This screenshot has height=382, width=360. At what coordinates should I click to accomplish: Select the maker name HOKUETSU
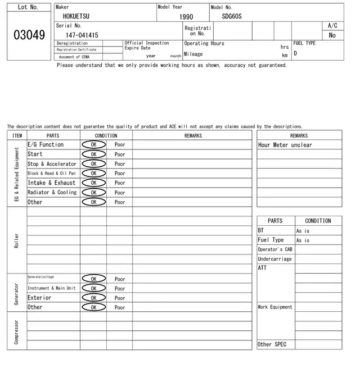[x=76, y=16]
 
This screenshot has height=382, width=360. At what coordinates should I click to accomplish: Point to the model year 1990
[x=186, y=17]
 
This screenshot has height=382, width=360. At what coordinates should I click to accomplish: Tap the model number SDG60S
[x=231, y=16]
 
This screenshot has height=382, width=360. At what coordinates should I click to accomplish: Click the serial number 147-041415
[x=82, y=35]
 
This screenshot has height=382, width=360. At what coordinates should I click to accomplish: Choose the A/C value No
[x=332, y=35]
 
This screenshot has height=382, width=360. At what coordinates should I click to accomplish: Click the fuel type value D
[x=295, y=53]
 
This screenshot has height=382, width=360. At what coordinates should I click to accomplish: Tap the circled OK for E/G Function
[x=93, y=144]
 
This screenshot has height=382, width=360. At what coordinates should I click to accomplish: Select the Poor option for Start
[x=120, y=154]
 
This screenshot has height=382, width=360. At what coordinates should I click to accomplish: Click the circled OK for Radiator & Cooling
[x=93, y=192]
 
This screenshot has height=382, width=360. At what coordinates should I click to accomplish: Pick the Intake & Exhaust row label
[x=52, y=183]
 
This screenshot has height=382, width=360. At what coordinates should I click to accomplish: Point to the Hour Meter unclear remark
[x=285, y=145]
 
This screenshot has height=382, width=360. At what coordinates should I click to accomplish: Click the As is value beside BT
[x=303, y=231]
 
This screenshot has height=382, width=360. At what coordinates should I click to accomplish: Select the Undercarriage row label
[x=274, y=259]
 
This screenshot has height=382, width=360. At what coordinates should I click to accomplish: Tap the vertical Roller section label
[x=17, y=240]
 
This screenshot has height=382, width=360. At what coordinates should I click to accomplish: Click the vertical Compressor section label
[x=17, y=331]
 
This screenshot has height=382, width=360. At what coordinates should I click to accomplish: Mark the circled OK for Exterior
[x=93, y=298]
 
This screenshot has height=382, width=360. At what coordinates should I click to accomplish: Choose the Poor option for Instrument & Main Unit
[x=120, y=288]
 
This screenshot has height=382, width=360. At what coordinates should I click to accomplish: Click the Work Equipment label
[x=275, y=307]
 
